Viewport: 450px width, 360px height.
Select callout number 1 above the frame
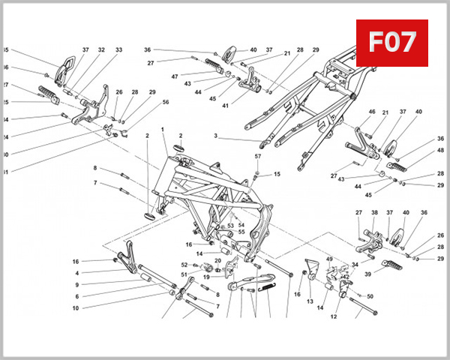point(163,130)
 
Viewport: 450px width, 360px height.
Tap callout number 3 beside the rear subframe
point(215,136)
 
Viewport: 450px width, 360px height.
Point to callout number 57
point(257,156)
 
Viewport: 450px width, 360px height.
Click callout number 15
point(276,174)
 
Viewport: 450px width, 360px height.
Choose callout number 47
point(174,76)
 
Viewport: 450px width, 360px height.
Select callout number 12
point(334,316)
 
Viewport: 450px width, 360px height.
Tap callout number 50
point(370,296)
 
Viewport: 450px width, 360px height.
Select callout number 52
point(184,264)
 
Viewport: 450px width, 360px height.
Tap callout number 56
point(165,102)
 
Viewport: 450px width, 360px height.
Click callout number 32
point(101,50)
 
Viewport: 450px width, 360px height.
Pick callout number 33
point(118,50)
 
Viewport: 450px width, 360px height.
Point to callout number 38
point(373,212)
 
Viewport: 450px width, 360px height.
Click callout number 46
point(371,112)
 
